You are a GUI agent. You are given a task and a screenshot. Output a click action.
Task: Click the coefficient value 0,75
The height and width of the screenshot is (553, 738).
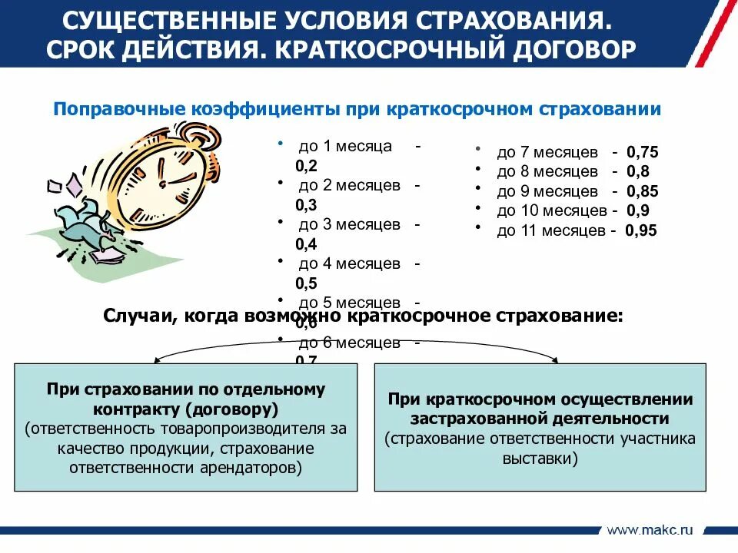pos(643,152)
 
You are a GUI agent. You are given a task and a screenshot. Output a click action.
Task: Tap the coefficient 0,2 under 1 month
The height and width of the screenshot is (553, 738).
pos(306,165)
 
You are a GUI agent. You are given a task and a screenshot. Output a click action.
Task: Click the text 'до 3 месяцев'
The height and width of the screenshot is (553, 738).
pos(349,225)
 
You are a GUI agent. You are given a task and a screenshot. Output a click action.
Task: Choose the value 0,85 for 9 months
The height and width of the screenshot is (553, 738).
pos(643,191)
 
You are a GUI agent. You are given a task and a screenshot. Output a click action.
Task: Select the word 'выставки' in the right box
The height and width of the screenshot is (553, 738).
pos(540,459)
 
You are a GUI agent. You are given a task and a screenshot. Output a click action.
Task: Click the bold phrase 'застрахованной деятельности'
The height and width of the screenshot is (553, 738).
pos(540,419)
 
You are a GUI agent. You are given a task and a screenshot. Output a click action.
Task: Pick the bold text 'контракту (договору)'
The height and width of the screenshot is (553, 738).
pos(185,409)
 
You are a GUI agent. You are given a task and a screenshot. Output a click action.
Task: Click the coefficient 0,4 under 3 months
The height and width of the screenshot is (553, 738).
pos(306,244)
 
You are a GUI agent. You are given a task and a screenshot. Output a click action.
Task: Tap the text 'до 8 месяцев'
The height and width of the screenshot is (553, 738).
pos(547,171)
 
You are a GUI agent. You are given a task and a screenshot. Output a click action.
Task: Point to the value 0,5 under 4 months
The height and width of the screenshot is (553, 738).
pos(306,283)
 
